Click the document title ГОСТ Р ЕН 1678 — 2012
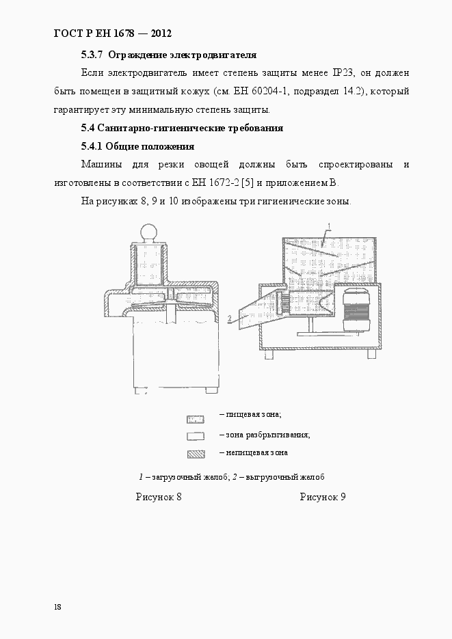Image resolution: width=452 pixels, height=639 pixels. (x=111, y=33)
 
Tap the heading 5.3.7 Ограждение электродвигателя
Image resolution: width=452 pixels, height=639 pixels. (x=168, y=55)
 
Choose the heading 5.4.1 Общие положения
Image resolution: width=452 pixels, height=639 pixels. (x=137, y=146)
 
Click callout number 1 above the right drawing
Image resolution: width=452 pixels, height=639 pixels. (x=330, y=226)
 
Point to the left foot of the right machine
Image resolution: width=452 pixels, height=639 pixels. (x=269, y=355)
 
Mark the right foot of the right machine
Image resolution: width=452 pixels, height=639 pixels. (x=372, y=354)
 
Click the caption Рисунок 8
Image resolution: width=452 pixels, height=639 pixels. (x=159, y=497)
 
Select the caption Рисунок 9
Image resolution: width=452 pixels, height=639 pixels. (x=322, y=497)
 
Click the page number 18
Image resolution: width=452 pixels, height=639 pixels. (x=57, y=607)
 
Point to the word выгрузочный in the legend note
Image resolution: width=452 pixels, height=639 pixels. (x=267, y=477)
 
